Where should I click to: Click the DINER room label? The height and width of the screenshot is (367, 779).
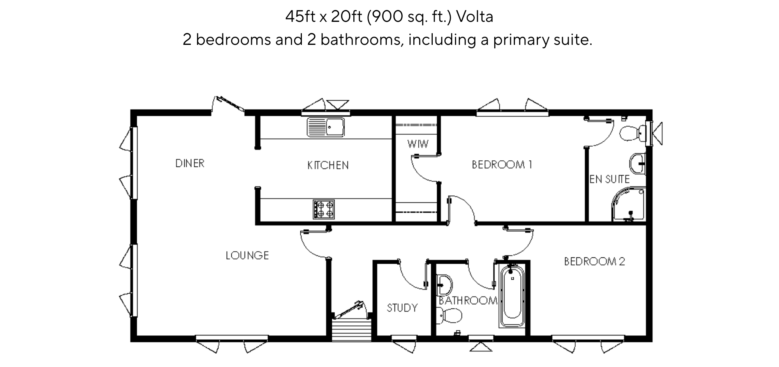click(190, 163)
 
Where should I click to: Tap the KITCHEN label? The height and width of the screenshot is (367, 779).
click(328, 165)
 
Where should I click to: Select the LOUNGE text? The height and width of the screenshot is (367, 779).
click(247, 255)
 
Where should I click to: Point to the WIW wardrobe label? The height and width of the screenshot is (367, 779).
click(418, 144)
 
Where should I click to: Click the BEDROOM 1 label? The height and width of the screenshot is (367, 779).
click(502, 165)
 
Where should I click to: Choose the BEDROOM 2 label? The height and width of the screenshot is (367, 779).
click(594, 261)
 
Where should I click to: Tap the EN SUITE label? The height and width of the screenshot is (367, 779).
click(610, 179)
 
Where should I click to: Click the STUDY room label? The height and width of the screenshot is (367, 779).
click(402, 308)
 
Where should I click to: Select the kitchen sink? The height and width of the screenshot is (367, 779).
click(326, 127)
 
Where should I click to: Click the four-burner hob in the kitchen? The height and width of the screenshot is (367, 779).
click(324, 209)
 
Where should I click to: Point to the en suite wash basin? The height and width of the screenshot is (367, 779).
click(638, 163)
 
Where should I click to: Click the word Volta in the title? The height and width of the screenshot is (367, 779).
click(474, 17)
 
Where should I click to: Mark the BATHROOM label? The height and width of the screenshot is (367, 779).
click(468, 301)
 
